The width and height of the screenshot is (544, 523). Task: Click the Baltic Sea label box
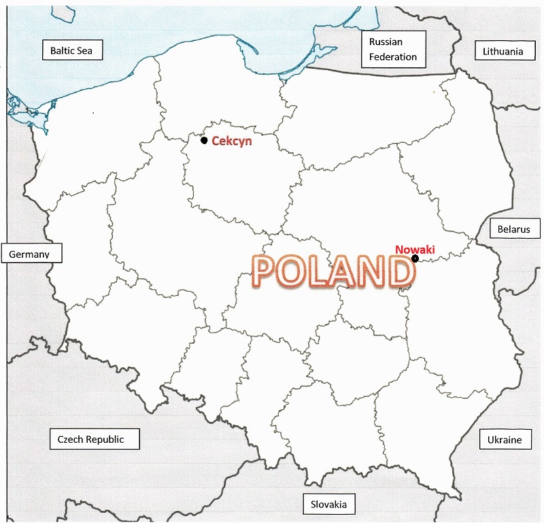tap(71, 50)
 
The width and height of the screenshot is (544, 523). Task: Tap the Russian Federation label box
tap(393, 49)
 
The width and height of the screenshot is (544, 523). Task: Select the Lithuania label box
tap(503, 51)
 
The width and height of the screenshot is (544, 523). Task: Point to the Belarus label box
tap(513, 229)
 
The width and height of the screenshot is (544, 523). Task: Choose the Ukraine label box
tap(505, 439)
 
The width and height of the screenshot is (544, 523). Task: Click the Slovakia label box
tap(329, 504)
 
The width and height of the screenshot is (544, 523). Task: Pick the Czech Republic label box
tap(90, 439)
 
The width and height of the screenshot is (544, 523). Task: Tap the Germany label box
tap(32, 254)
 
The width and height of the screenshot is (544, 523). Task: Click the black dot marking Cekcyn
tap(204, 140)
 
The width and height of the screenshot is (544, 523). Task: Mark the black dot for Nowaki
tap(415, 258)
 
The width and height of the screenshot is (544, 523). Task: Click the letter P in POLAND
tap(267, 271)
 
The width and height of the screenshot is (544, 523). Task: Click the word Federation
tap(393, 56)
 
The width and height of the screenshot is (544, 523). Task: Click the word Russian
tap(385, 41)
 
